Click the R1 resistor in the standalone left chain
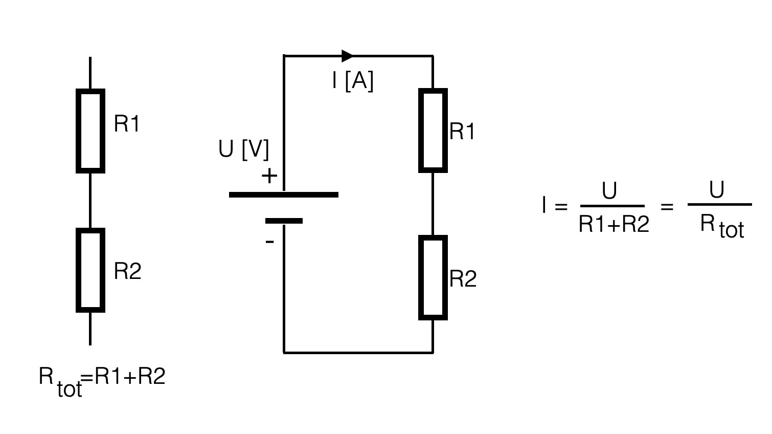point(90,131)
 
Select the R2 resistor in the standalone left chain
point(90,270)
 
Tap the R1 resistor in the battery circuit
point(433,131)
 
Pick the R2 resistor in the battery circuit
point(433,277)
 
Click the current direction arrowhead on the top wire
point(347,56)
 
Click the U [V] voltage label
point(243,149)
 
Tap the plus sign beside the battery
point(269,177)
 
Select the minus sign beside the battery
point(270,241)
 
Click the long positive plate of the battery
point(284,194)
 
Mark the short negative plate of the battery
point(284,221)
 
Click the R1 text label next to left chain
point(126,124)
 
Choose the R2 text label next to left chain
point(127,271)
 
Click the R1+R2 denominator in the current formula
point(614,224)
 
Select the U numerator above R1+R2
point(609,191)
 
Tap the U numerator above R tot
point(717,190)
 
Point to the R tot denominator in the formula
point(721,226)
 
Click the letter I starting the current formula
point(544,206)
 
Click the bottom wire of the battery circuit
point(358,353)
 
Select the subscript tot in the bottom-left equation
point(70,389)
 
